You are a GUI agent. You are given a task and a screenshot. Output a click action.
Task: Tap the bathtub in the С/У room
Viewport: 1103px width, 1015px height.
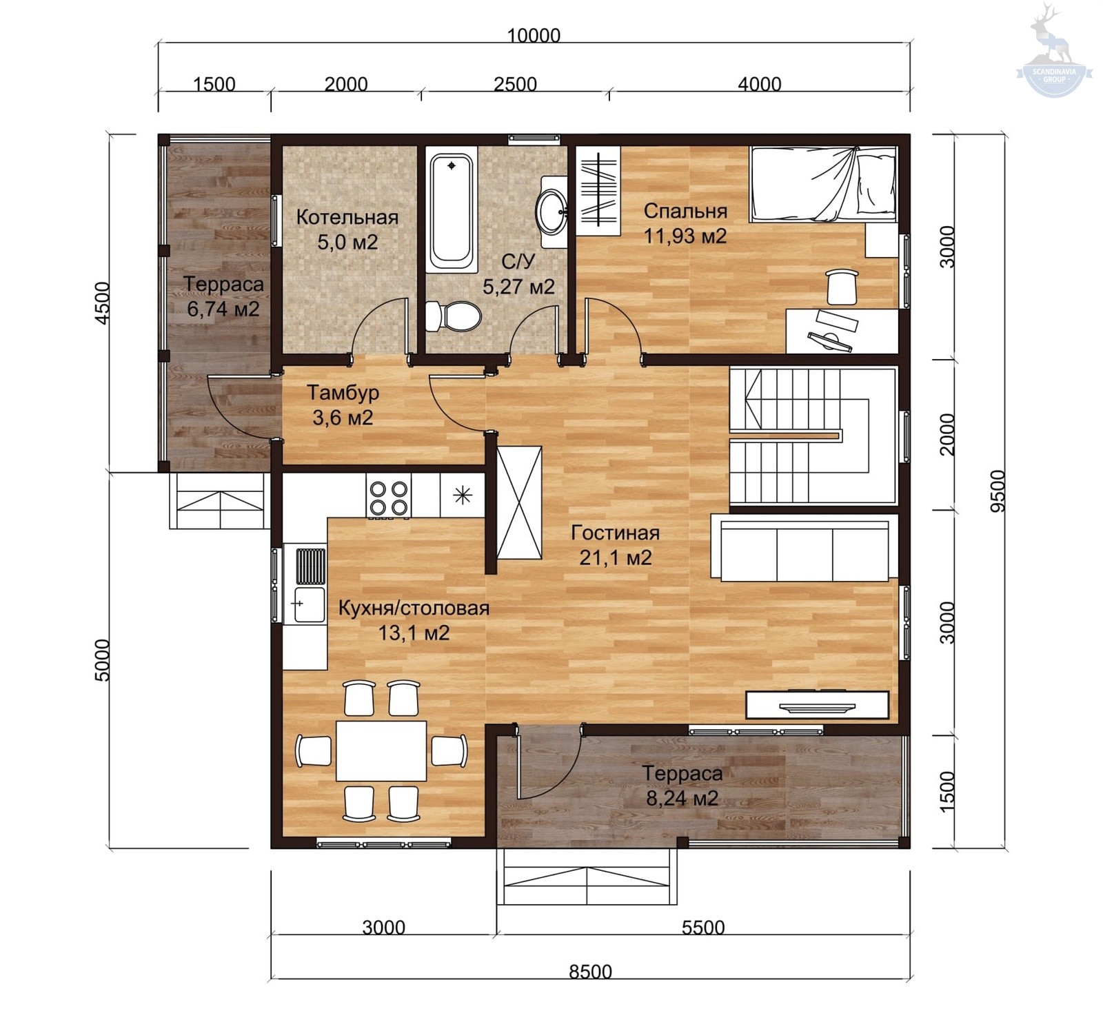[x=452, y=212]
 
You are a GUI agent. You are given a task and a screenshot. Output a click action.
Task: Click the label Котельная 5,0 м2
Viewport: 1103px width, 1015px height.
[x=347, y=229]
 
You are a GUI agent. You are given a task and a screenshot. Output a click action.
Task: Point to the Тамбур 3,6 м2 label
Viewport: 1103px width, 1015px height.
[x=343, y=405]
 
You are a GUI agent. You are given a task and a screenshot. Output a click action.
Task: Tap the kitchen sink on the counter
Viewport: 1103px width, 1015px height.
[x=310, y=604]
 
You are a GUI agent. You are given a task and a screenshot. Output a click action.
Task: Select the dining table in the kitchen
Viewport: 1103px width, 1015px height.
[x=381, y=750]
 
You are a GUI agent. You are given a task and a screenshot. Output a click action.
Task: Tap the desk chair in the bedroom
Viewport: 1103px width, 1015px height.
[x=842, y=287]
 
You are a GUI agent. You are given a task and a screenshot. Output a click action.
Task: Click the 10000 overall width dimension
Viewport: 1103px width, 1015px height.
[x=534, y=35]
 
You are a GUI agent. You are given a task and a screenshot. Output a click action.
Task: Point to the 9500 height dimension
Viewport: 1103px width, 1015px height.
[x=998, y=491]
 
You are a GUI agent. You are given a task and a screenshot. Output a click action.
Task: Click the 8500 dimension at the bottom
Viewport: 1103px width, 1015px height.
[x=591, y=972]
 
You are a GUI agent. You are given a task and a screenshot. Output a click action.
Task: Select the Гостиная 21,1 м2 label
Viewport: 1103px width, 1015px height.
[x=615, y=545]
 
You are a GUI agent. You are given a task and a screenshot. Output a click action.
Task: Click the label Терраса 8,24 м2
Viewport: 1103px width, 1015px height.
[x=682, y=786]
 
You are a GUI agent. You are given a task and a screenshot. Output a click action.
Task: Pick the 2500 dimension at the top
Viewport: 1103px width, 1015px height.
[x=515, y=84]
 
